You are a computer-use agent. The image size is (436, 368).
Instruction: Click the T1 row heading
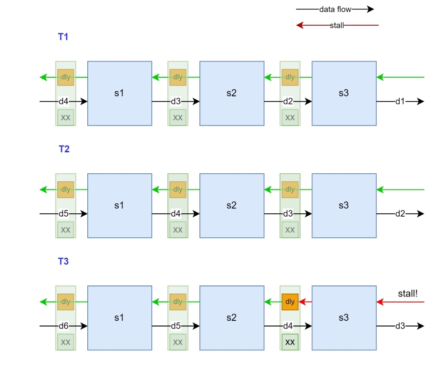(x=63, y=36)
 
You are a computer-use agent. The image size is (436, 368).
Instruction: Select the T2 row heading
(x=64, y=149)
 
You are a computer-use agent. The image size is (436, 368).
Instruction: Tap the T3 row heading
(x=63, y=262)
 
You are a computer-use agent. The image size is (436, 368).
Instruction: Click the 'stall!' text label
(x=407, y=293)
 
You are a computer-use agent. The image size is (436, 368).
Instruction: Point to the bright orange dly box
(x=290, y=302)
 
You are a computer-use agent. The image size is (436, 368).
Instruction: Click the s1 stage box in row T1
(x=119, y=93)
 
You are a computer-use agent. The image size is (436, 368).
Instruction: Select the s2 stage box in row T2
(x=231, y=205)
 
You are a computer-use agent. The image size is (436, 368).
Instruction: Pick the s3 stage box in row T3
(x=343, y=317)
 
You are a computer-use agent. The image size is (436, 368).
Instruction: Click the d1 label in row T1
(x=400, y=101)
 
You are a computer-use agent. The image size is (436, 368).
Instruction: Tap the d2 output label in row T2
(x=400, y=214)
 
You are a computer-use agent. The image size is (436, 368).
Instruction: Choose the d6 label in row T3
(x=63, y=326)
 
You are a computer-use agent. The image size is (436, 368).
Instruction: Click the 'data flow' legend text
(x=335, y=9)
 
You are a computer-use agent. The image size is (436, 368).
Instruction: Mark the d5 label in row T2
(x=63, y=214)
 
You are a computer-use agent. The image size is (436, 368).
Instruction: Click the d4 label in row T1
(x=63, y=101)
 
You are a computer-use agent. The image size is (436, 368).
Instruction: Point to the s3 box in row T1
(x=343, y=93)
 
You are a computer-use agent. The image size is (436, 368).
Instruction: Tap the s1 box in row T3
(x=119, y=317)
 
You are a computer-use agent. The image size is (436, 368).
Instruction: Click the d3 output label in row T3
(x=400, y=326)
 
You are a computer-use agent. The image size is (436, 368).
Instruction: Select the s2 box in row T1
(x=231, y=93)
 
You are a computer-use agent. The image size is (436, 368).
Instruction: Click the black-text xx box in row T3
(x=290, y=342)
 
